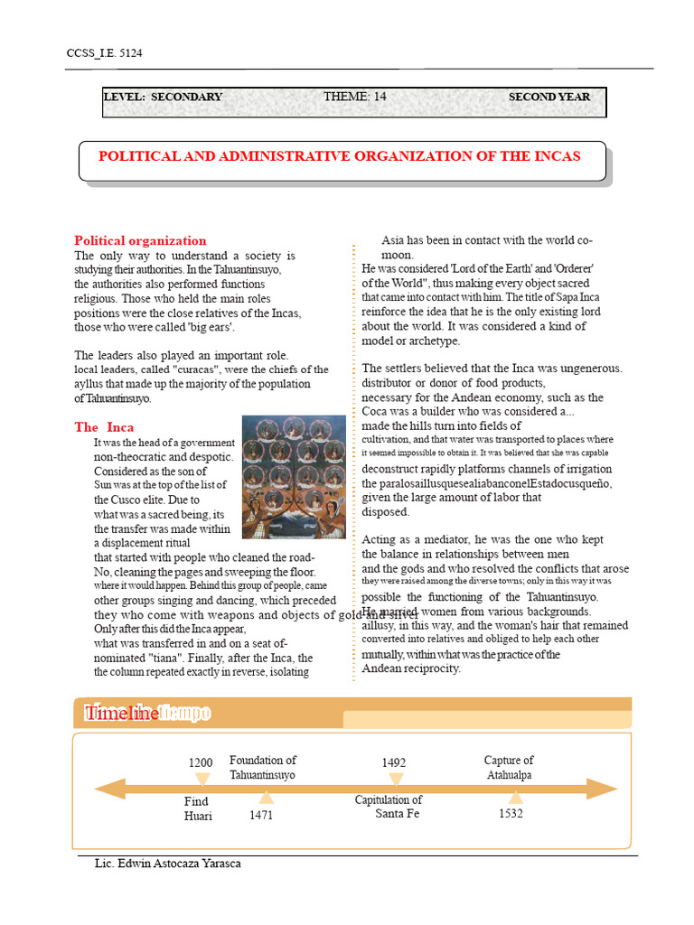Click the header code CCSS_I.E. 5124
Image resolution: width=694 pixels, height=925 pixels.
[105, 53]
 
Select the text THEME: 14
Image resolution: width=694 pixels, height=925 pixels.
[355, 97]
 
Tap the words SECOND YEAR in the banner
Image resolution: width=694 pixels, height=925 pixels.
[549, 97]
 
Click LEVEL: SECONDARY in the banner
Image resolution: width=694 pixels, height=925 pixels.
[163, 97]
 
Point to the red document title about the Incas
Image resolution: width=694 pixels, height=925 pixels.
[340, 156]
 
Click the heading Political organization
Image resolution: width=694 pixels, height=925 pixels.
[140, 240]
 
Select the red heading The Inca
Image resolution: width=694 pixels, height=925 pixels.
[104, 426]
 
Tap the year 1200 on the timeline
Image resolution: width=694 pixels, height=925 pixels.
[201, 763]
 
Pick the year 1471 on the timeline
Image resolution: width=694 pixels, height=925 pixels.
[261, 815]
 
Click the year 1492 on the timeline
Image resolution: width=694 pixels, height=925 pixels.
[394, 763]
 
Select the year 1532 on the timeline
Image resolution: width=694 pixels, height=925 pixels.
[511, 814]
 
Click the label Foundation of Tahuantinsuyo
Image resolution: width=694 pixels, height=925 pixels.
[262, 768]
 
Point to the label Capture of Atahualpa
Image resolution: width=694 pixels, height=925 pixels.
[508, 768]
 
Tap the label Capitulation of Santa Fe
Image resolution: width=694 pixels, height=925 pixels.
[389, 807]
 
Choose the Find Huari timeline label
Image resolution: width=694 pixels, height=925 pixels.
[198, 808]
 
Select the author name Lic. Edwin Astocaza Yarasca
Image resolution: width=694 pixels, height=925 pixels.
[168, 864]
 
